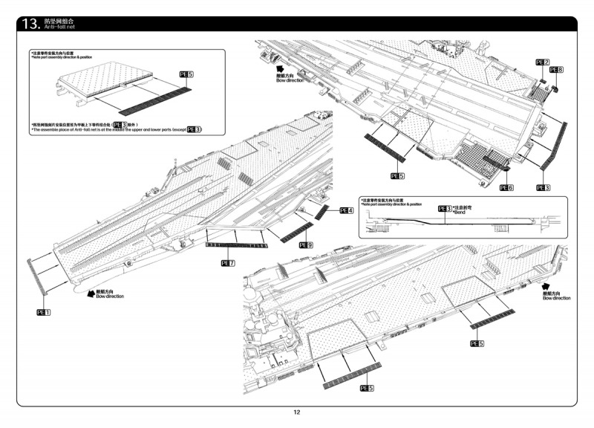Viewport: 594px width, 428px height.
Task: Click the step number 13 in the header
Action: pos(31,24)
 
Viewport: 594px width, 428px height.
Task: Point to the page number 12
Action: pos(296,413)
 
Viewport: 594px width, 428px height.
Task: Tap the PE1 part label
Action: pos(44,313)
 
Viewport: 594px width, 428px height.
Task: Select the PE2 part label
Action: pos(542,62)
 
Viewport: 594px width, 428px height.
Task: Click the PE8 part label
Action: pos(556,70)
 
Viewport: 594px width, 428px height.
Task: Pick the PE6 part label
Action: pos(506,187)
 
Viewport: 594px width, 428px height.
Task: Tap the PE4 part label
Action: pos(346,211)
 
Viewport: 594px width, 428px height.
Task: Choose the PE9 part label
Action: pos(306,244)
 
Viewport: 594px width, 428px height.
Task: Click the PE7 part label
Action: pos(228,263)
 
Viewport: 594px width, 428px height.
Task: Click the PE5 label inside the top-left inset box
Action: pos(186,75)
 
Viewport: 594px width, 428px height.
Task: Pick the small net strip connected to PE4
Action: pos(322,211)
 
